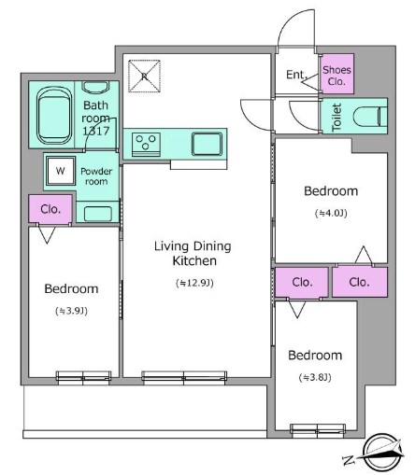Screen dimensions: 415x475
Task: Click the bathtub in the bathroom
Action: [53, 115]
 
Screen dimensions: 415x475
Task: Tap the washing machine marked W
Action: [61, 171]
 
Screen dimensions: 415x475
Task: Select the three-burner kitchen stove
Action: [146, 145]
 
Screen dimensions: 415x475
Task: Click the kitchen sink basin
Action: [207, 144]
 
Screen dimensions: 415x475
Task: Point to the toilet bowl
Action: [370, 117]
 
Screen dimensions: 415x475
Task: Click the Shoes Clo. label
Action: [336, 76]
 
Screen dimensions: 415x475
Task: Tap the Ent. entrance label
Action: [296, 75]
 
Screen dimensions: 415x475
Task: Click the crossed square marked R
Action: [144, 76]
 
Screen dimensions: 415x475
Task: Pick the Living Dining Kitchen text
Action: [193, 253]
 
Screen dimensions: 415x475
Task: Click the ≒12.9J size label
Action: [194, 283]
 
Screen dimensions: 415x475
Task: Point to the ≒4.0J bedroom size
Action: [331, 213]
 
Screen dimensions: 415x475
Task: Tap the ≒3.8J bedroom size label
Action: [315, 377]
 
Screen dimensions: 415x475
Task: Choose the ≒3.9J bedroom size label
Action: [71, 311]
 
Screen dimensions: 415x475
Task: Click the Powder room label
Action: [96, 176]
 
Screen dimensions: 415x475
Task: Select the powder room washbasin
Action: [98, 214]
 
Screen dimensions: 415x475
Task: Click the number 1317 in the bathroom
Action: [96, 131]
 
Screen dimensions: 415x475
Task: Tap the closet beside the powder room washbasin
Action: [50, 209]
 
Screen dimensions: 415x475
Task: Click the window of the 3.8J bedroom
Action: [318, 429]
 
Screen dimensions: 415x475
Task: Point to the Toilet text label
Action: [336, 117]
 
